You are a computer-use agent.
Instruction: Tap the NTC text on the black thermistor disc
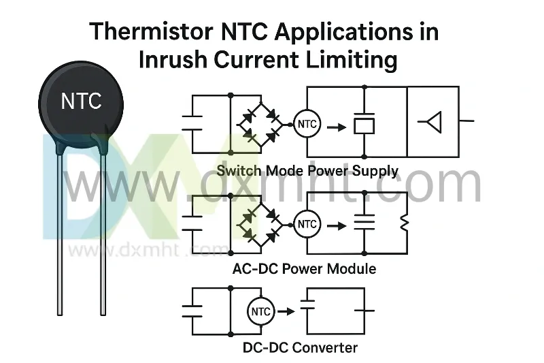tap(81, 101)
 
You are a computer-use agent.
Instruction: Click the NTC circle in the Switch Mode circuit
tap(307, 125)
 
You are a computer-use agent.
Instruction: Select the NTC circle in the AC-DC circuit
tap(307, 224)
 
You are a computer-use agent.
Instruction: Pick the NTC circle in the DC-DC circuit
tap(261, 311)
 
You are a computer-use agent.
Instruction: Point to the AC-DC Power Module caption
tap(304, 268)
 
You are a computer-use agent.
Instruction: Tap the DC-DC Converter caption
tap(300, 347)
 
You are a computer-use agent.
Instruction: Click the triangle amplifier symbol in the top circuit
tap(432, 122)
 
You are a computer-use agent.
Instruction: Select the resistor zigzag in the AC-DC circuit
tap(403, 223)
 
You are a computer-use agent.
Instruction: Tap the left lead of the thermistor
tap(60, 232)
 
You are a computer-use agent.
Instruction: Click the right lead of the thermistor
tap(103, 232)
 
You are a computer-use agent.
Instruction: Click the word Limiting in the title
tap(352, 60)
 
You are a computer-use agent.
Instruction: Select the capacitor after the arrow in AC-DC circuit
tap(365, 223)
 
